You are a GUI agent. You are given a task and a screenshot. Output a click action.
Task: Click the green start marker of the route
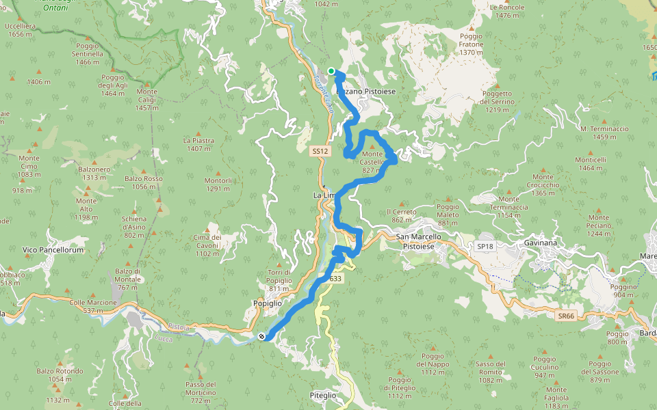[x=331, y=71]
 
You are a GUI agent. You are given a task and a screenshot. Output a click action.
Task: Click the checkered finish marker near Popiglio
[x=262, y=336]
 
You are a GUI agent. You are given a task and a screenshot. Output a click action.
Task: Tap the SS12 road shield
[x=319, y=151]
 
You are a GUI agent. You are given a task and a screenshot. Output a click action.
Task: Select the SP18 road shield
[x=485, y=246]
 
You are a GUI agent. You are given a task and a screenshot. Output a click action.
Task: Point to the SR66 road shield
[x=565, y=316]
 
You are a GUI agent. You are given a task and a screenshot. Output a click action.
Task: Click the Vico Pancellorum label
[x=53, y=250]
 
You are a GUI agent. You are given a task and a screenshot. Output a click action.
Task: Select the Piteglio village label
[x=323, y=395]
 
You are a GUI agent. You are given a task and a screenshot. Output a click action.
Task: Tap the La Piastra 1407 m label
[x=199, y=144]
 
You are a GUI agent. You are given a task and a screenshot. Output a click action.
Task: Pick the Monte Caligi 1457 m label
[x=146, y=100]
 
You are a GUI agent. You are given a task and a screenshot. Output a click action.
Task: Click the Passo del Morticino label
[x=201, y=388]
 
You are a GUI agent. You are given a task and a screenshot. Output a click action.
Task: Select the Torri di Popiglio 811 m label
[x=279, y=276]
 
